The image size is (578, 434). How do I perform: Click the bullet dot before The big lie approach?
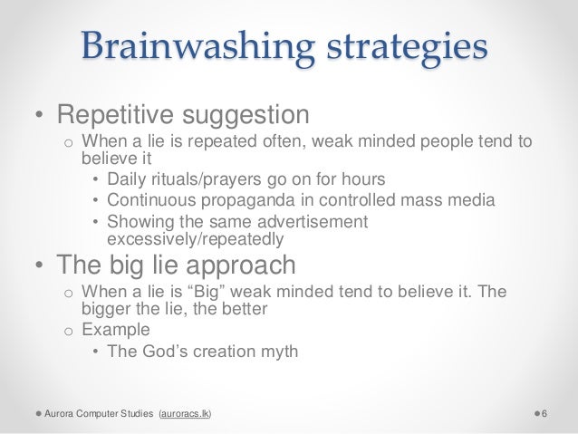click(39, 267)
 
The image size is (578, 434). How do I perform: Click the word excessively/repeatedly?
click(195, 240)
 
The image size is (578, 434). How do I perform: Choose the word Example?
click(116, 329)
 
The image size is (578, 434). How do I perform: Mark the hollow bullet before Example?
click(66, 330)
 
